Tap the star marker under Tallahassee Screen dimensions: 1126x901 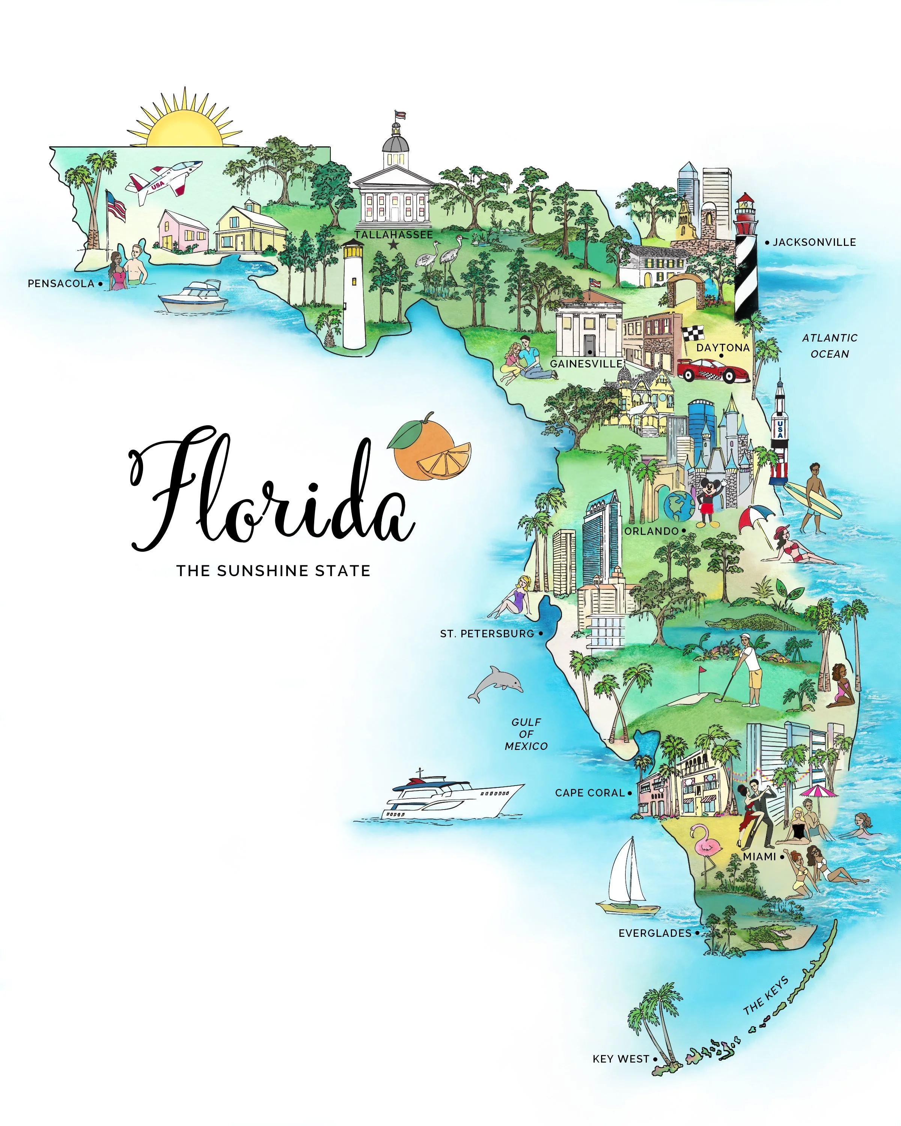pyautogui.click(x=394, y=244)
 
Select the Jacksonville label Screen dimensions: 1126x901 pyautogui.click(x=814, y=242)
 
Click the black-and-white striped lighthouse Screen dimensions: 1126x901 pyautogui.click(x=746, y=261)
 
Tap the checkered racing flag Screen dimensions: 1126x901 pyautogui.click(x=693, y=333)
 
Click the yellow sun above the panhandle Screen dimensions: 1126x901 pyautogui.click(x=184, y=125)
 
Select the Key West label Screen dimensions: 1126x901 pyautogui.click(x=621, y=1059)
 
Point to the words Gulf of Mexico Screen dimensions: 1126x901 pyautogui.click(x=526, y=734)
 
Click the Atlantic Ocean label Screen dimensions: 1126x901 pyautogui.click(x=829, y=346)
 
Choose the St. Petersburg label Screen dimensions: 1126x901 pyautogui.click(x=487, y=634)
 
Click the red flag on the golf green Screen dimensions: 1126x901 pyautogui.click(x=703, y=669)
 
